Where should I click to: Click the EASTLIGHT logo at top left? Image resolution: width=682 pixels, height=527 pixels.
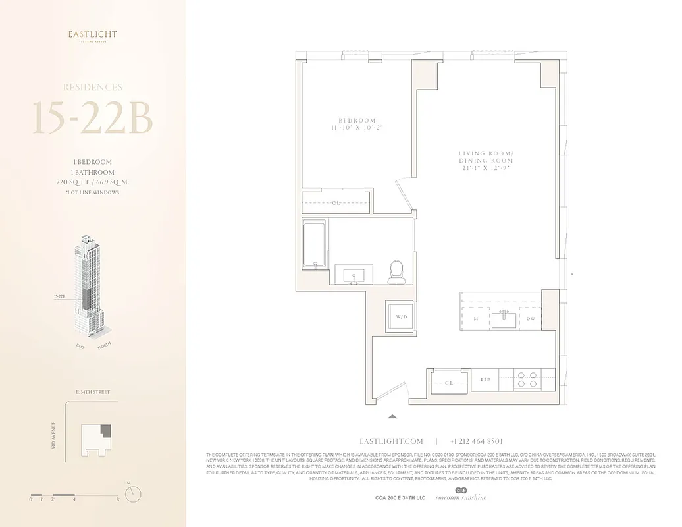pos(93,36)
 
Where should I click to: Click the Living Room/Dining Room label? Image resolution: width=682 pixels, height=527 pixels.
pos(486,160)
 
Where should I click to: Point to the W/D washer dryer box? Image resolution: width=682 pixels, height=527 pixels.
pos(400,317)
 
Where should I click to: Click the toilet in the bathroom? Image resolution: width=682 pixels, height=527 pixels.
pos(396,271)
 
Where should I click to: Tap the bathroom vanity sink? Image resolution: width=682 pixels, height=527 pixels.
pos(354,275)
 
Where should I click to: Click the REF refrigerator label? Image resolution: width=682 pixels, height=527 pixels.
pos(485,380)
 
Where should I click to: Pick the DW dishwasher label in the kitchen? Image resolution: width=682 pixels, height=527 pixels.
pos(531,319)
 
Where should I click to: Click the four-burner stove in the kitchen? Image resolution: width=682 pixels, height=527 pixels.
pos(526,379)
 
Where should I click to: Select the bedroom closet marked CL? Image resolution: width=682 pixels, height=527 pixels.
pos(335,202)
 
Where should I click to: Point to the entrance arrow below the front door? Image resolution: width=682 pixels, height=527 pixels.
pos(392,416)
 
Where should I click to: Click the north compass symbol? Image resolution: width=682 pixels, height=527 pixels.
pos(134,493)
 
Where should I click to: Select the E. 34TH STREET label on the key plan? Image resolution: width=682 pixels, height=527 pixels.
pos(93,392)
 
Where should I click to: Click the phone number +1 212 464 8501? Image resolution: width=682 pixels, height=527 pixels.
pos(477,441)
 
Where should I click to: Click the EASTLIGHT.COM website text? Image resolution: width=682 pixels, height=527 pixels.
pos(391,441)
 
